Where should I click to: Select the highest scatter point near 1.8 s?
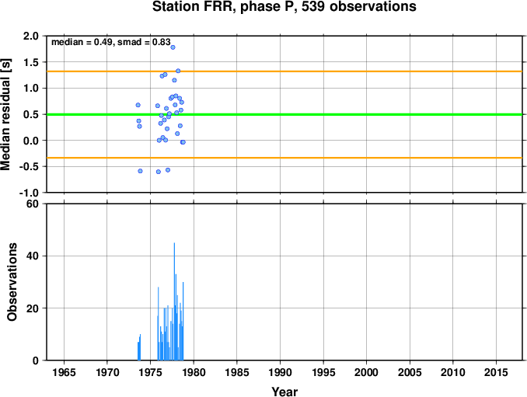point(173,47)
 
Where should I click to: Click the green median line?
point(284,114)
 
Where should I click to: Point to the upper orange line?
point(284,71)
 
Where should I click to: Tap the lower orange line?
point(284,158)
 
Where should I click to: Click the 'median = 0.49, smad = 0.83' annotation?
point(111,42)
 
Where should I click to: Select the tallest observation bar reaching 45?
point(174,301)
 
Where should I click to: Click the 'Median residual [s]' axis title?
point(5,114)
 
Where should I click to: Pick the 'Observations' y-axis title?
point(12,282)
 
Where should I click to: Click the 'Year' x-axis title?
point(284,392)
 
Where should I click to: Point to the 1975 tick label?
point(151,372)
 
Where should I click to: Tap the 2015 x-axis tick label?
point(496,372)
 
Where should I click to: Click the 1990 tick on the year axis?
point(280,372)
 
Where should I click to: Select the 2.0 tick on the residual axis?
point(31,36)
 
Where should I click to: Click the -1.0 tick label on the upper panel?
point(29,193)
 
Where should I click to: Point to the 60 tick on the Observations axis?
point(33,204)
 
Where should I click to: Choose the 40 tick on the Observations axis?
point(33,256)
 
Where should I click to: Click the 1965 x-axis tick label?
point(64,372)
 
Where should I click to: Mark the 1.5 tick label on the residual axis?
point(31,62)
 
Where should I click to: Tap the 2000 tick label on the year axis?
point(366,372)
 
